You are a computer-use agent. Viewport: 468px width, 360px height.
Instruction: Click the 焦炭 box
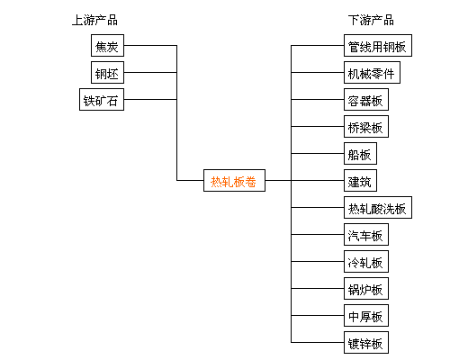107,45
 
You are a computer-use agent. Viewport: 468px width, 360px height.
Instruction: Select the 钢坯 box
107,73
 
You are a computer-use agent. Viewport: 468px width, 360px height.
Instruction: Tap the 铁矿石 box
102,99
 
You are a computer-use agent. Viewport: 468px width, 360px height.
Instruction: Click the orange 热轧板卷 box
234,180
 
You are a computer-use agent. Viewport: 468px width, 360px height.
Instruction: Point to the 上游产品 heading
94,20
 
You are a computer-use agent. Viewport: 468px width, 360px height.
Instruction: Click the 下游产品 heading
371,20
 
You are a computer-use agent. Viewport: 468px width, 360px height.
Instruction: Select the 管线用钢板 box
378,45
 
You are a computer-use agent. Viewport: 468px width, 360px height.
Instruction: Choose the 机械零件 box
372,73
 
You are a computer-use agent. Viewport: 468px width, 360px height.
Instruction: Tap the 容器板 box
366,99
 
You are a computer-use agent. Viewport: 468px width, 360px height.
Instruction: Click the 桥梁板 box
366,126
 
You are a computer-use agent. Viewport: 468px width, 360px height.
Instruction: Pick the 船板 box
360,153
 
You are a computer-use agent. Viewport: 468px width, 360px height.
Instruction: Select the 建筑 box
360,180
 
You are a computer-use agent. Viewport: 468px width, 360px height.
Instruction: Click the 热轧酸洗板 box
378,207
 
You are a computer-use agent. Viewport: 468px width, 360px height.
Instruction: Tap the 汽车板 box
366,234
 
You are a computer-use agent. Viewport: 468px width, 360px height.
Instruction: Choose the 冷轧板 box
366,261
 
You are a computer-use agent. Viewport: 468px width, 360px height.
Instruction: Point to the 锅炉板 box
366,288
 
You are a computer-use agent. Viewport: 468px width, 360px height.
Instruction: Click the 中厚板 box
366,315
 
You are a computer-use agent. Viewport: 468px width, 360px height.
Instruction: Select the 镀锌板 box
366,342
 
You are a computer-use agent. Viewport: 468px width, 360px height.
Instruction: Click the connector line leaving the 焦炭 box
150,46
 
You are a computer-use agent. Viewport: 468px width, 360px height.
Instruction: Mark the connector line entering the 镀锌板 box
318,342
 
